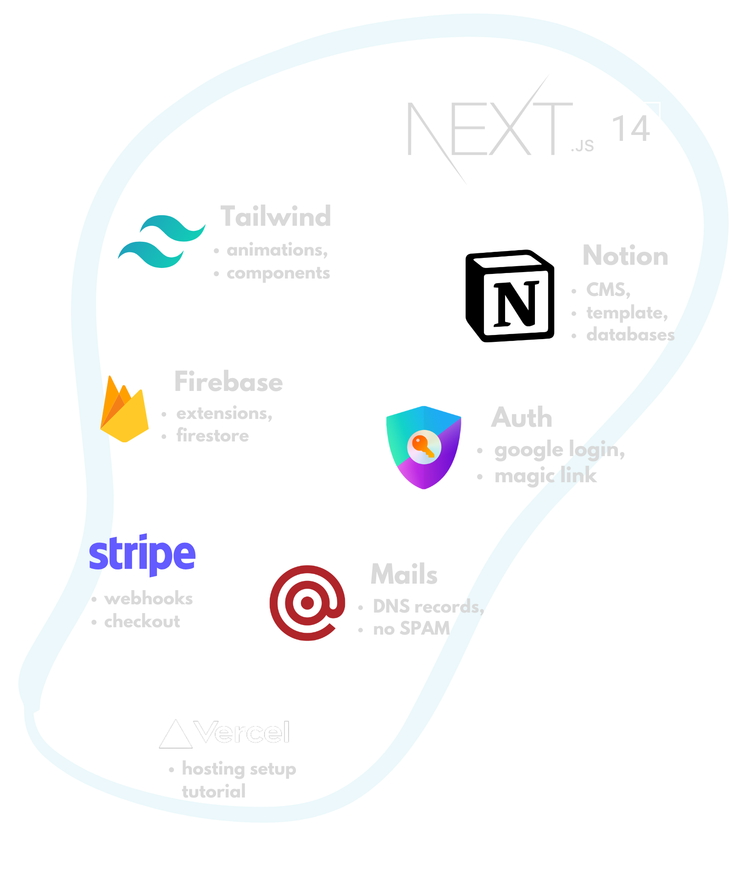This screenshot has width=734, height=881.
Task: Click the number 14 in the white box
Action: coord(632,129)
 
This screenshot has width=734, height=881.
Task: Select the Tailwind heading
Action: coord(275,216)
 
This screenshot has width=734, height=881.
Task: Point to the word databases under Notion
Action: coord(630,335)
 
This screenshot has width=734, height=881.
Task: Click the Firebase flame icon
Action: coord(124,410)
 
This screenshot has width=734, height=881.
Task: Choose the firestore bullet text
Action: coord(212,435)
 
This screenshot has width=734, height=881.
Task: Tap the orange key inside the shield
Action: coord(423,445)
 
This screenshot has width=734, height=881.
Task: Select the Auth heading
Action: coord(522,417)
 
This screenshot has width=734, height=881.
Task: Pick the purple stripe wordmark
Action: coord(142,554)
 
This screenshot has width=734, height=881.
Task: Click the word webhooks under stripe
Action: coord(148,599)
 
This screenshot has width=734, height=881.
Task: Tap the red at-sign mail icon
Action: coord(307,602)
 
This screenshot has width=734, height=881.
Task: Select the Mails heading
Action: coord(404,574)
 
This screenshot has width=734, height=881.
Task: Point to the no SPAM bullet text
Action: coord(411,629)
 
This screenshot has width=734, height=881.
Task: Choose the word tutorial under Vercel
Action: coord(214,792)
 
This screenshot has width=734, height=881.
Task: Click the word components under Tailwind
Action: coord(278,273)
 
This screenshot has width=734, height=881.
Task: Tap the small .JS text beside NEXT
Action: coord(582,146)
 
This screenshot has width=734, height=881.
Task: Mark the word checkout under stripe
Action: coord(142,622)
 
